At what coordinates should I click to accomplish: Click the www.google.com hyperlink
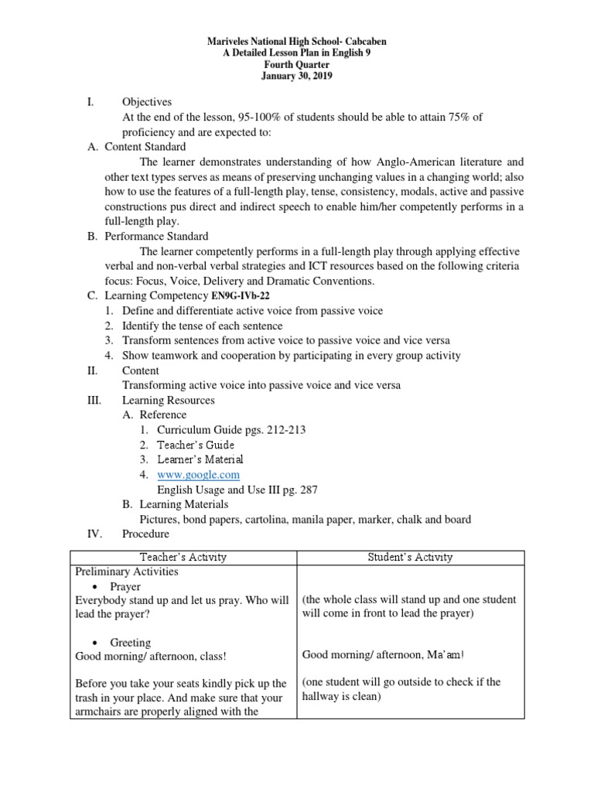198,475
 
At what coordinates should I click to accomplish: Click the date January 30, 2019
298,77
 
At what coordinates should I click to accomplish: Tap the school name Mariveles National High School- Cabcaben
298,39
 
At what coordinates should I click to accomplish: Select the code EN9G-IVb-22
241,296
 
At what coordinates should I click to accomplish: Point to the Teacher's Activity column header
183,557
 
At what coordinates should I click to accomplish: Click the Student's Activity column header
411,557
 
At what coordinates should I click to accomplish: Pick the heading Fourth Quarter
298,64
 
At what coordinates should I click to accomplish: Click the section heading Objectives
147,102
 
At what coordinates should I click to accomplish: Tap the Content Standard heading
145,147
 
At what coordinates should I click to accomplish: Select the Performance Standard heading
156,237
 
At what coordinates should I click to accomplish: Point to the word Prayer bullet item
125,587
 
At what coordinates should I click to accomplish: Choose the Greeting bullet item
130,643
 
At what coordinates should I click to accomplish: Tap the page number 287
306,490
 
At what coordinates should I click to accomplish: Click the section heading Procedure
145,534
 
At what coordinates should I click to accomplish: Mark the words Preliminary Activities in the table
126,572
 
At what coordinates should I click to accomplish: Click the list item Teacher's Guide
196,445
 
